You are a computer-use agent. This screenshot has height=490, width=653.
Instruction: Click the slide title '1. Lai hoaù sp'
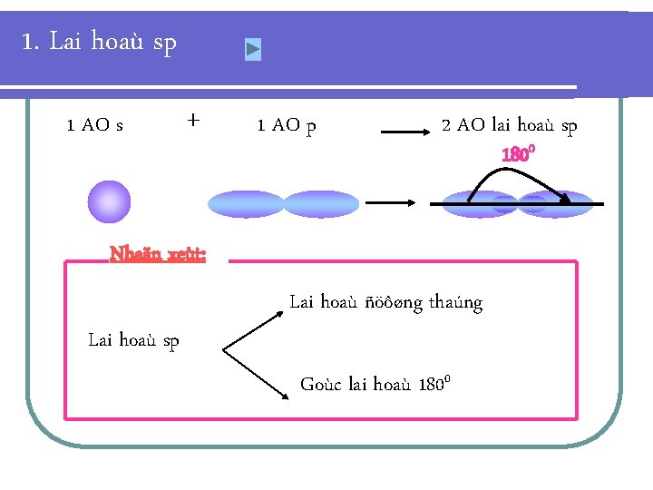click(100, 42)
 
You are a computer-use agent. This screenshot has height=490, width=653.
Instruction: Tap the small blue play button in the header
click(253, 50)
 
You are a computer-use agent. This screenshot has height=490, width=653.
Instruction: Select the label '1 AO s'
click(95, 125)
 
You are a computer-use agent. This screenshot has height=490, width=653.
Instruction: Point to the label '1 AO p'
click(287, 125)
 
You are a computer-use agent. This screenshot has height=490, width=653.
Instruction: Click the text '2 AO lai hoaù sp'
click(509, 125)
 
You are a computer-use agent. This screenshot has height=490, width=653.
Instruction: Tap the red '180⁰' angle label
click(519, 154)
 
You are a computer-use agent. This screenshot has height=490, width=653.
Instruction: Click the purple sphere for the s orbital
click(110, 201)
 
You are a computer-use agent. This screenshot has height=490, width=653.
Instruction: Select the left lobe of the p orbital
click(246, 203)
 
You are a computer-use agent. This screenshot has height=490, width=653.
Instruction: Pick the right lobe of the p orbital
click(320, 203)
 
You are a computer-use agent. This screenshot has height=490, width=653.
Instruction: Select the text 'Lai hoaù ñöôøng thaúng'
click(385, 302)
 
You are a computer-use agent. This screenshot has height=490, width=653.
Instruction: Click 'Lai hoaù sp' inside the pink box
click(133, 340)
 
